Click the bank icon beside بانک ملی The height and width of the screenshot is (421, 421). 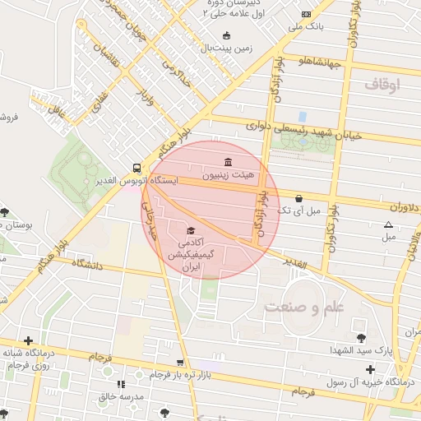(307, 14)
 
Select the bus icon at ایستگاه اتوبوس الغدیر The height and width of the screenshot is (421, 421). (136, 166)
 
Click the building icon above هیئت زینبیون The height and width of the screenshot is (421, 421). (229, 160)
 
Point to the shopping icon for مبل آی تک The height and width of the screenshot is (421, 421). (298, 198)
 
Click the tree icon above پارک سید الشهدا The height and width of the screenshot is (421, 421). (361, 337)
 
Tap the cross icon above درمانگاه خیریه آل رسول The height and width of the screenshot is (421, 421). (371, 370)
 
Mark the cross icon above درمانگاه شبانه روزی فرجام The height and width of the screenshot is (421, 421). (29, 340)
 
